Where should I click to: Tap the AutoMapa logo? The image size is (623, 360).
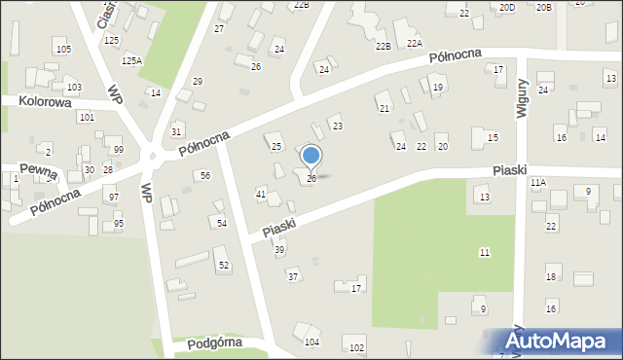560,342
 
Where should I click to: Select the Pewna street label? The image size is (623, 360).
36,171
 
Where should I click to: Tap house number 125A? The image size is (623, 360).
131,60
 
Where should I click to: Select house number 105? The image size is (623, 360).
63,49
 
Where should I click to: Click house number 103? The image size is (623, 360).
74,88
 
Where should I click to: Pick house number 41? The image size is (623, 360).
261,195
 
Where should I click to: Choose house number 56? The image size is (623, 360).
204,175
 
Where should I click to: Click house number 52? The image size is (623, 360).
224,266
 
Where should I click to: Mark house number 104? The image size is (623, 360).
311,342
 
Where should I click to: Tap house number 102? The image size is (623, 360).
356,348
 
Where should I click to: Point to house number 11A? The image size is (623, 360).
537,182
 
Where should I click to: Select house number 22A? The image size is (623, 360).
415,44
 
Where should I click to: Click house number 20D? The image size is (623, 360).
507,8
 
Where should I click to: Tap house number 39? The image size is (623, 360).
279,250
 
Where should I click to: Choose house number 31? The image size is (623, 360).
176,131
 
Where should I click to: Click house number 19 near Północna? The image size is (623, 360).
438,88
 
